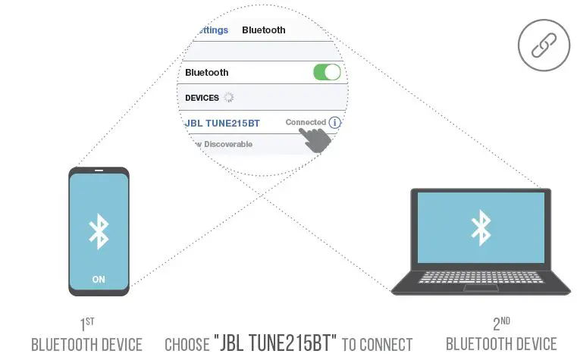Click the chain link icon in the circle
pyautogui.click(x=543, y=45)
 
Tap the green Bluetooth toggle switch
pyautogui.click(x=327, y=72)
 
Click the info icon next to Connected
pyautogui.click(x=334, y=122)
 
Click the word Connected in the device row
pyautogui.click(x=306, y=122)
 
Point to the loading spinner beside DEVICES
pyautogui.click(x=230, y=97)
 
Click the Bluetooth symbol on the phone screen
pyautogui.click(x=99, y=230)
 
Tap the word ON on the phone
pyautogui.click(x=99, y=279)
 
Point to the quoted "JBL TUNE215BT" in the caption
pyautogui.click(x=275, y=344)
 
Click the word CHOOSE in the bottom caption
pyautogui.click(x=187, y=345)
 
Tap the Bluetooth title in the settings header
pyautogui.click(x=263, y=30)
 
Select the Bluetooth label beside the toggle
pyautogui.click(x=206, y=73)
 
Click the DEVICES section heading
pyautogui.click(x=202, y=98)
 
